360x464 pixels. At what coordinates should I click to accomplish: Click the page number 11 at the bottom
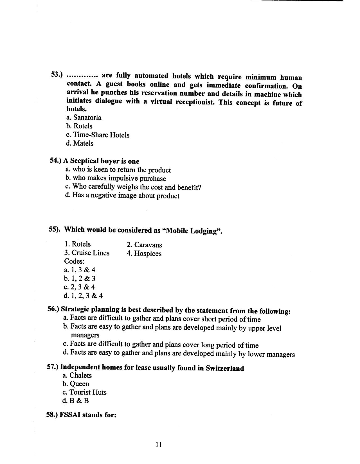coord(158,445)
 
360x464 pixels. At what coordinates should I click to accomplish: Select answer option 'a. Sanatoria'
coord(84,117)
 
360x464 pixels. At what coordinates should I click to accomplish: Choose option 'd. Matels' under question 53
coord(80,143)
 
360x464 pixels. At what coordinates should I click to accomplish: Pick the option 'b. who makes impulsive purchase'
coord(116,178)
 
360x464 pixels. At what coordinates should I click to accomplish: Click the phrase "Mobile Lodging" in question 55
coord(192,231)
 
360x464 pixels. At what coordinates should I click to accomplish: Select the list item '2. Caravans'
coord(144,245)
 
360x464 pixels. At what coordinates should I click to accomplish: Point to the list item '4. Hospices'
coord(144,253)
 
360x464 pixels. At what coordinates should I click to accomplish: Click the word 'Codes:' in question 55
coord(74,261)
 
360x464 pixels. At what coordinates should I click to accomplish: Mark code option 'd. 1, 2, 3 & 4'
coord(83,296)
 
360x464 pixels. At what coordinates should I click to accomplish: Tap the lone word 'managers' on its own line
coord(85,335)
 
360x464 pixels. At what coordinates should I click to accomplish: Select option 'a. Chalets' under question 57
coord(77,375)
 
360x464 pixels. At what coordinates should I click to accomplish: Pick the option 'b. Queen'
coord(76,384)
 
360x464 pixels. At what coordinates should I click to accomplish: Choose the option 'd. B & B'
coord(75,401)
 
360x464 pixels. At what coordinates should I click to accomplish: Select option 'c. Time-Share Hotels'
coord(98,135)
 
